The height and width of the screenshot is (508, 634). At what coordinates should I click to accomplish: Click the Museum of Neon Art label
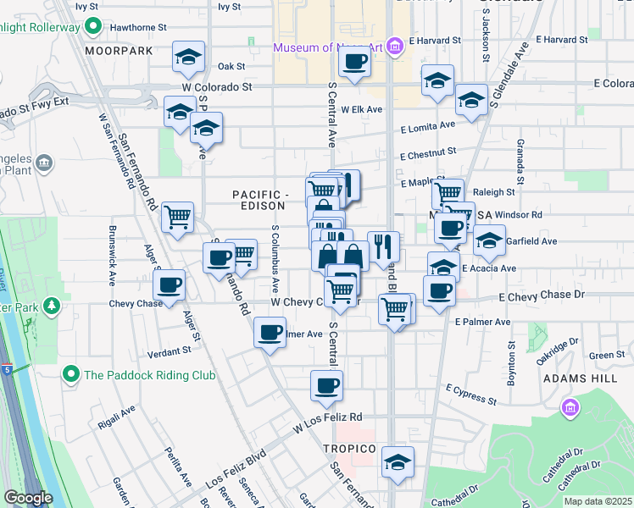click(327, 47)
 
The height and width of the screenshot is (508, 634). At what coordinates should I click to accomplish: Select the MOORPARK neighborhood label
click(119, 51)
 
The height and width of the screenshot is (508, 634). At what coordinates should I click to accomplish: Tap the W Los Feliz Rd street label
click(328, 417)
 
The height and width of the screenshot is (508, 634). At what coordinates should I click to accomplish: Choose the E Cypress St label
click(470, 394)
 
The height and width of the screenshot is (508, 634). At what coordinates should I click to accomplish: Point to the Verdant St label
click(169, 351)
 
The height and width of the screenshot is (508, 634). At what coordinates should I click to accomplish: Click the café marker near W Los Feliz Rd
click(326, 386)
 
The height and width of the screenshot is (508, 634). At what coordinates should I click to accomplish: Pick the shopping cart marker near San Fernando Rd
click(178, 218)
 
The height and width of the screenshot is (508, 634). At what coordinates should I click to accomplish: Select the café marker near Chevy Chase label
click(170, 284)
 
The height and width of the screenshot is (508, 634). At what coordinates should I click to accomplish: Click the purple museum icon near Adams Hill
click(570, 409)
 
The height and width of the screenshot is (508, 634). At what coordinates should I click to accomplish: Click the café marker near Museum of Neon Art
click(355, 61)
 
